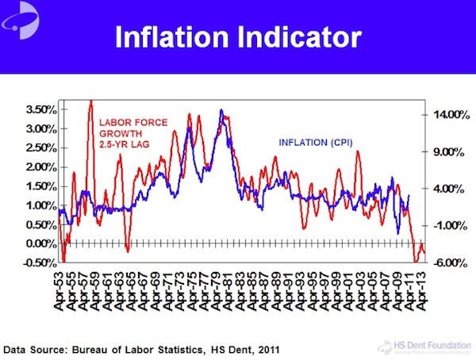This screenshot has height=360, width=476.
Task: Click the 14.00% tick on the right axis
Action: coord(448,115)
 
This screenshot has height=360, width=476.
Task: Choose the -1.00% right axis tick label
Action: coord(450,226)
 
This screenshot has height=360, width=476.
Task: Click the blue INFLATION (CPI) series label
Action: coord(315,143)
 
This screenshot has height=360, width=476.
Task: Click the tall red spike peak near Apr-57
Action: coord(90,101)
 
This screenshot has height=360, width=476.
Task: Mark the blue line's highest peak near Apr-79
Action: coord(221,110)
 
